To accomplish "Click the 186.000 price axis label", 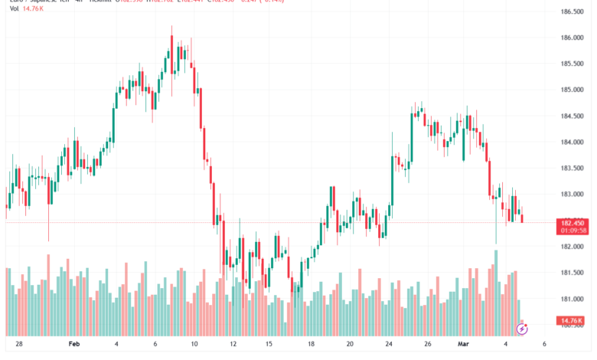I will click(573, 38).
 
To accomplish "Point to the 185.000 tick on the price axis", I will click(573, 90).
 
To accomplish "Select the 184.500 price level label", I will click(573, 116).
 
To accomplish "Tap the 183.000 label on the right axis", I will click(573, 195).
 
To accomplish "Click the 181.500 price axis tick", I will click(573, 273).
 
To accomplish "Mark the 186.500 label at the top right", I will click(573, 11).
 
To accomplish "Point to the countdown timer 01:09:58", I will click(573, 230).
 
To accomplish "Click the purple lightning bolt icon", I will click(523, 329).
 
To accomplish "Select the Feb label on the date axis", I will click(74, 345).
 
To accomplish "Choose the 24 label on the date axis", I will click(389, 345).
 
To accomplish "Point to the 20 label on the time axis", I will click(349, 345).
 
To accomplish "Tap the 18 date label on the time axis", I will click(310, 345).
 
